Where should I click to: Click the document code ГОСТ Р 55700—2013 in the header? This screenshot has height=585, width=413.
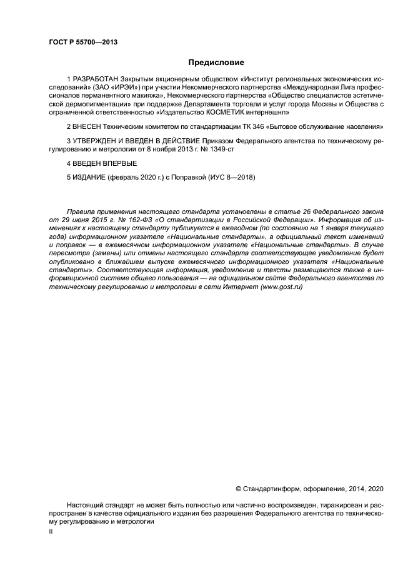[x=83, y=42]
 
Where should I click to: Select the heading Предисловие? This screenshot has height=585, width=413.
[x=216, y=63]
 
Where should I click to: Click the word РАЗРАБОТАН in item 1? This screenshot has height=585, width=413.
[x=97, y=79]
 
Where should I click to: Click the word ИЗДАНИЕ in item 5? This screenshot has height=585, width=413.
[x=89, y=178]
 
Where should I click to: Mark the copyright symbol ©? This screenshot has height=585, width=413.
[x=238, y=489]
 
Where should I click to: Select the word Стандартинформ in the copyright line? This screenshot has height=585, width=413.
[x=269, y=489]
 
